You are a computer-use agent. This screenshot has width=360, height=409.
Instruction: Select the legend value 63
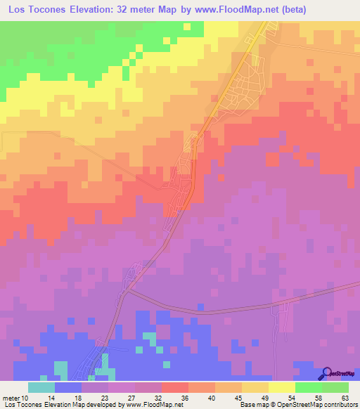345,398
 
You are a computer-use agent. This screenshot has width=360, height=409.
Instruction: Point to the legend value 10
26,398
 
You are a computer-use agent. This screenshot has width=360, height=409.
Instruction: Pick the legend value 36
185,398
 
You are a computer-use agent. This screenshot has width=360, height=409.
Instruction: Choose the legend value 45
238,398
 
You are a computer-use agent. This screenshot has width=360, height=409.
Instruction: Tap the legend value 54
291,398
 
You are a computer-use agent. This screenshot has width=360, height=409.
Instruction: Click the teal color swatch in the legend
41,387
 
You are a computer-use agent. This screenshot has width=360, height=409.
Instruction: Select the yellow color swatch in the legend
281,387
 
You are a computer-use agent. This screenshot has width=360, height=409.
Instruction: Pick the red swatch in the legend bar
174,387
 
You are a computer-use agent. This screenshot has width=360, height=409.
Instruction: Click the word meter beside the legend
11,398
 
